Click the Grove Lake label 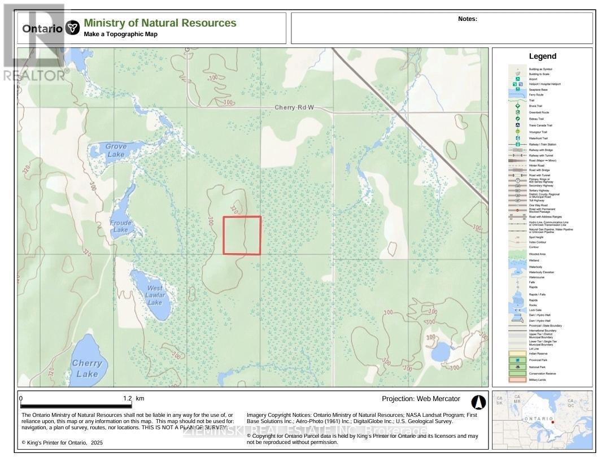pos(115,150)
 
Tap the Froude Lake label pos(120,226)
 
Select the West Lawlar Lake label pos(155,295)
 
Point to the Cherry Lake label pos(87,368)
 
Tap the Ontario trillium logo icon pos(72,28)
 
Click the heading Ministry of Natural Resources pos(160,23)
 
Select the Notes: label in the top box pos(468,19)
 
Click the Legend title pos(542,56)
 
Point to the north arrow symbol pos(478,402)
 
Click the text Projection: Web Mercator pos(421,399)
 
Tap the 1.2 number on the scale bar pos(128,398)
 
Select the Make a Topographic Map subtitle pos(120,34)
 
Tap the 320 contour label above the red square pos(236,209)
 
